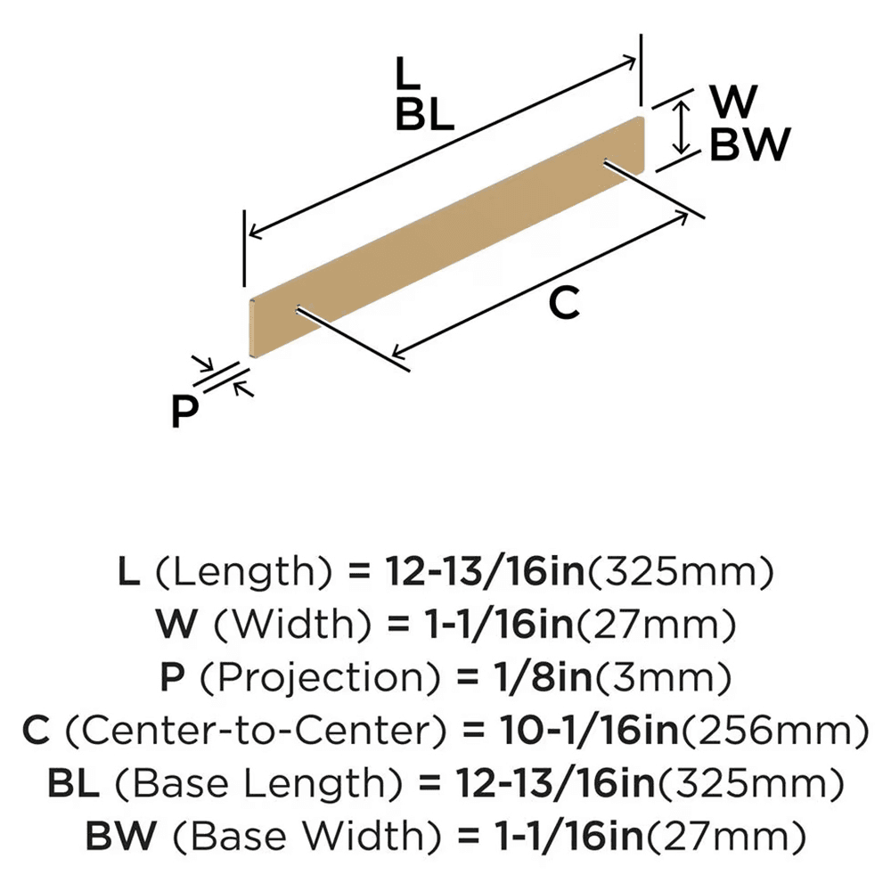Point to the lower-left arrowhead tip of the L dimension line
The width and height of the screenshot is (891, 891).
(249, 235)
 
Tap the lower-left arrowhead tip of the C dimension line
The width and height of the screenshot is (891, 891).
(393, 357)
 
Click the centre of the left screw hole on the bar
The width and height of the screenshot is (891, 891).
(298, 310)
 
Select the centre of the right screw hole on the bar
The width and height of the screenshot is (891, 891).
(606, 162)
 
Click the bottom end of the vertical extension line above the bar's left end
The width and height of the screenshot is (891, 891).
(244, 286)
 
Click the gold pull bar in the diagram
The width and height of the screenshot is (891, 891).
(446, 237)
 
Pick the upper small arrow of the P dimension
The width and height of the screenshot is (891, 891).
(202, 363)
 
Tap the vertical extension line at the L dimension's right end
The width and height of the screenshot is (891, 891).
(641, 69)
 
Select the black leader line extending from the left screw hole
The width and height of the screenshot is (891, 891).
(353, 340)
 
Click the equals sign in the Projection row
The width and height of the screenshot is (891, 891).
(468, 677)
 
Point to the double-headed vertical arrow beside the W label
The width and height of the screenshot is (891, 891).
(681, 127)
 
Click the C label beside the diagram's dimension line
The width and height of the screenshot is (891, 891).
(564, 303)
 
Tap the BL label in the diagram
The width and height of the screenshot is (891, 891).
(424, 114)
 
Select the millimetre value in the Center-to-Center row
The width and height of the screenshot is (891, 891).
(775, 731)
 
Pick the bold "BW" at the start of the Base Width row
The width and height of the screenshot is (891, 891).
(121, 837)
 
